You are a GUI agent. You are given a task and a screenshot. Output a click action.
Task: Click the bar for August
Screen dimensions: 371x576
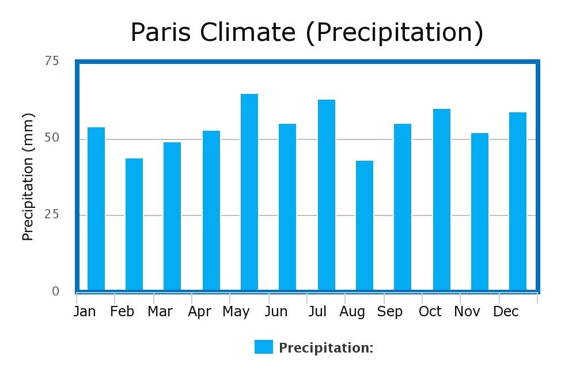click(365, 225)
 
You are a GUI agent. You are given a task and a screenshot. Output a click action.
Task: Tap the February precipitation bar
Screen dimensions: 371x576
click(134, 224)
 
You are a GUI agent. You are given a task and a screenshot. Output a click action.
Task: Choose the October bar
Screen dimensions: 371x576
click(442, 199)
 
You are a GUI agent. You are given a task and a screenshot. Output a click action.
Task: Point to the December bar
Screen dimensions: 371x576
click(518, 201)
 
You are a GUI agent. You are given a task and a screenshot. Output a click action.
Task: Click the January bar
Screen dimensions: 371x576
click(96, 209)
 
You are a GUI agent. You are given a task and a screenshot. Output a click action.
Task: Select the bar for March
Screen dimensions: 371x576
click(172, 216)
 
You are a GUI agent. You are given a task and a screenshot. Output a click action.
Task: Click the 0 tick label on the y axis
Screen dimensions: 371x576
click(55, 291)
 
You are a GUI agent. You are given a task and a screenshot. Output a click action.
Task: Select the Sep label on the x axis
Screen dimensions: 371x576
click(390, 312)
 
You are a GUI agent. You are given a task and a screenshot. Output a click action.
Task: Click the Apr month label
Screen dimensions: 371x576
click(200, 312)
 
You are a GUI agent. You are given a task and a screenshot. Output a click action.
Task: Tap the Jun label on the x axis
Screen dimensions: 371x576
click(276, 312)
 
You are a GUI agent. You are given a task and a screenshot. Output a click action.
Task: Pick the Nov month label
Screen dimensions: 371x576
click(467, 312)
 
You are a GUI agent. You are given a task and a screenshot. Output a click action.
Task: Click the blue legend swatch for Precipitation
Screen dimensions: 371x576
click(264, 347)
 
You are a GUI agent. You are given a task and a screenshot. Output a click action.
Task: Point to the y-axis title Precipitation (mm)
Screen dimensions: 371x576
click(28, 177)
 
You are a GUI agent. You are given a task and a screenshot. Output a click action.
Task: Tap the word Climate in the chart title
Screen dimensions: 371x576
click(248, 33)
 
